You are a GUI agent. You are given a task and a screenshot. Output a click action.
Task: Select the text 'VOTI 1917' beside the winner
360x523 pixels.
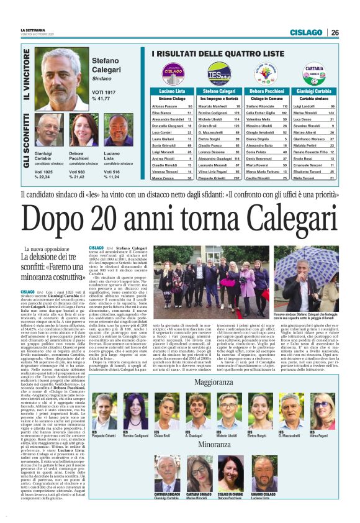(104, 93)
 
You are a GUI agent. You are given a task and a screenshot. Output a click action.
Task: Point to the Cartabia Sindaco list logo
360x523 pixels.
(314, 72)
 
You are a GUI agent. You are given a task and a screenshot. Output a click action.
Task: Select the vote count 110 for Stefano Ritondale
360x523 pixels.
(285, 106)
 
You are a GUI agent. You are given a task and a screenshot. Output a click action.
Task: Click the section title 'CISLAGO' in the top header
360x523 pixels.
(306, 32)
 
